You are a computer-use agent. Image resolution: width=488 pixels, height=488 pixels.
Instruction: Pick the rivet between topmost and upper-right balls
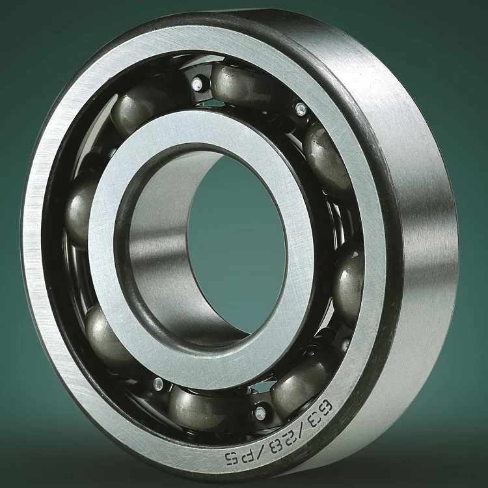click(300, 107)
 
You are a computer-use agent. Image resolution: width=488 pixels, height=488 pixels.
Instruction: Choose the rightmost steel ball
click(350, 280)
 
